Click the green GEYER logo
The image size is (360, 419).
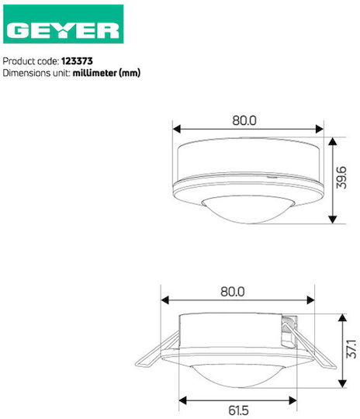(x=64, y=24)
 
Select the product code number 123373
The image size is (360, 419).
(x=77, y=61)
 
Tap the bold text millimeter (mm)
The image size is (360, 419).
(x=106, y=73)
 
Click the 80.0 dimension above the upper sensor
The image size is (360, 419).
(x=244, y=120)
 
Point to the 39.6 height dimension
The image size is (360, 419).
(x=341, y=178)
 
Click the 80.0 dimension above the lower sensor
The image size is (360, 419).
(x=233, y=292)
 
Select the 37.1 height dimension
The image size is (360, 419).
(x=351, y=348)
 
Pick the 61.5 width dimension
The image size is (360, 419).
(x=238, y=410)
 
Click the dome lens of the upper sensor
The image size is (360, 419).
(x=248, y=209)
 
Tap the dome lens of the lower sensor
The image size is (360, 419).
(x=238, y=375)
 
